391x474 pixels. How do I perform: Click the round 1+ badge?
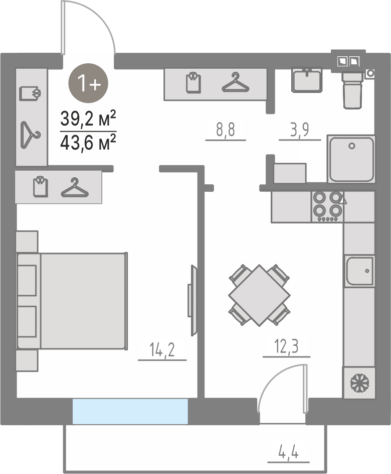88,83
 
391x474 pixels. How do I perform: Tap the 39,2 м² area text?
88,118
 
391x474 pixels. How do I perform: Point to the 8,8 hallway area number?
226,130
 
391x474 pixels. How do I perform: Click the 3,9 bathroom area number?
300,130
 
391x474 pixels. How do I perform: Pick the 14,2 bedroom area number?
162,350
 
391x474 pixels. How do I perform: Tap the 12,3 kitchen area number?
287,346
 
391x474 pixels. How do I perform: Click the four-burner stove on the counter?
327,207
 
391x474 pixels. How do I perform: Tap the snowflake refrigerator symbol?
359,383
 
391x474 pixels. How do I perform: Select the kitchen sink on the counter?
359,271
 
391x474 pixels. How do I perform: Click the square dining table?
260,295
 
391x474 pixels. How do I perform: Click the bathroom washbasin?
307,79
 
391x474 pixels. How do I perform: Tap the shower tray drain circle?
352,146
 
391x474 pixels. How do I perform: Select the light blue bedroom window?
130,411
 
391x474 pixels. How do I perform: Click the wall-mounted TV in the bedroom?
192,301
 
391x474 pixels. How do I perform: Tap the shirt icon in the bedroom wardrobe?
41,187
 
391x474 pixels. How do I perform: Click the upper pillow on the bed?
27,280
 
